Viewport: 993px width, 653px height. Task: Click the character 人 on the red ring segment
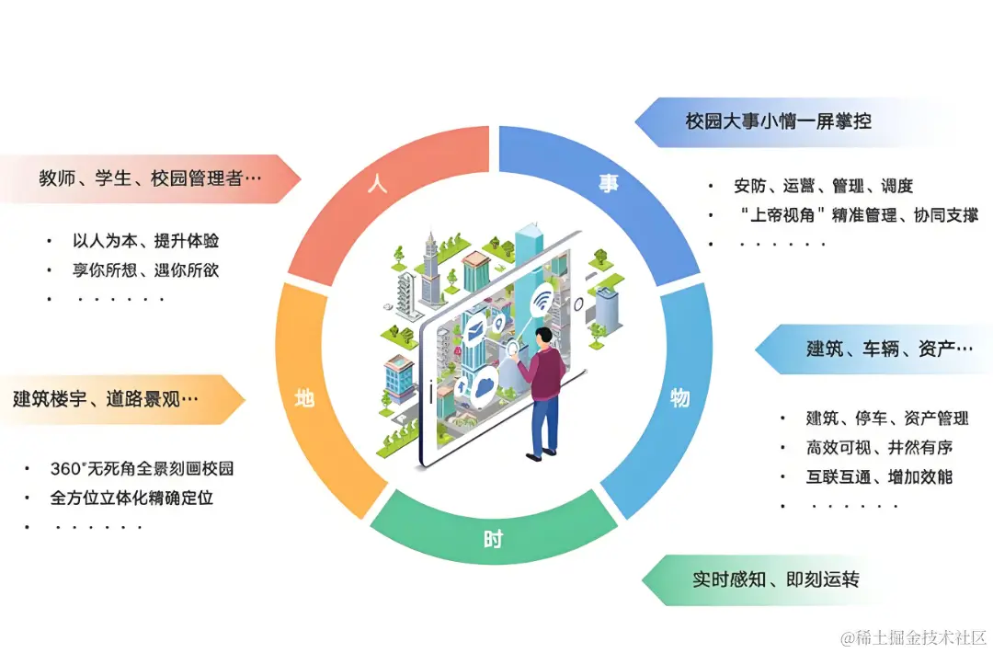[x=377, y=183]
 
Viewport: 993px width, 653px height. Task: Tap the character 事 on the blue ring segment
[x=609, y=184]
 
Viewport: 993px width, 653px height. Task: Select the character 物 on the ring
[x=680, y=397]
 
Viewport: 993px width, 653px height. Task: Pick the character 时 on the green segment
[x=494, y=539]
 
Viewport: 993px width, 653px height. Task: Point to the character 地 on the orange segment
[x=304, y=399]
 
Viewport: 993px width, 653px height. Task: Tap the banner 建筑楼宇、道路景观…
[x=106, y=399]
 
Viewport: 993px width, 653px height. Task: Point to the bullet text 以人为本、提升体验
[x=145, y=241]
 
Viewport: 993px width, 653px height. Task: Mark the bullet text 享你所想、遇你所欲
[x=145, y=270]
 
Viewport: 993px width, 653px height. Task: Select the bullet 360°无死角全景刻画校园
[x=142, y=468]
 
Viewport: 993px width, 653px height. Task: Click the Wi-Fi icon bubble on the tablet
[x=544, y=301]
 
